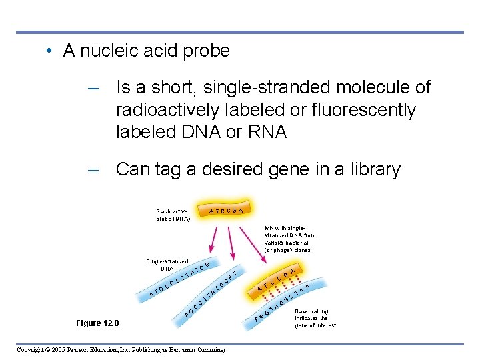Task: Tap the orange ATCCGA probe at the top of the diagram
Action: point(230,210)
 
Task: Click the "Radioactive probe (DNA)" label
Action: point(173,215)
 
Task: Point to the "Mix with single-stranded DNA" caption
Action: point(290,239)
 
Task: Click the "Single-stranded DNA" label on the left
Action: point(167,265)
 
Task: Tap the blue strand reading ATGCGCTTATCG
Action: point(180,281)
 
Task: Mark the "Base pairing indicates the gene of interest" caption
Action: point(315,318)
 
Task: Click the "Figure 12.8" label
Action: point(97,323)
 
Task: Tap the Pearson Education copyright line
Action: point(121,350)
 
